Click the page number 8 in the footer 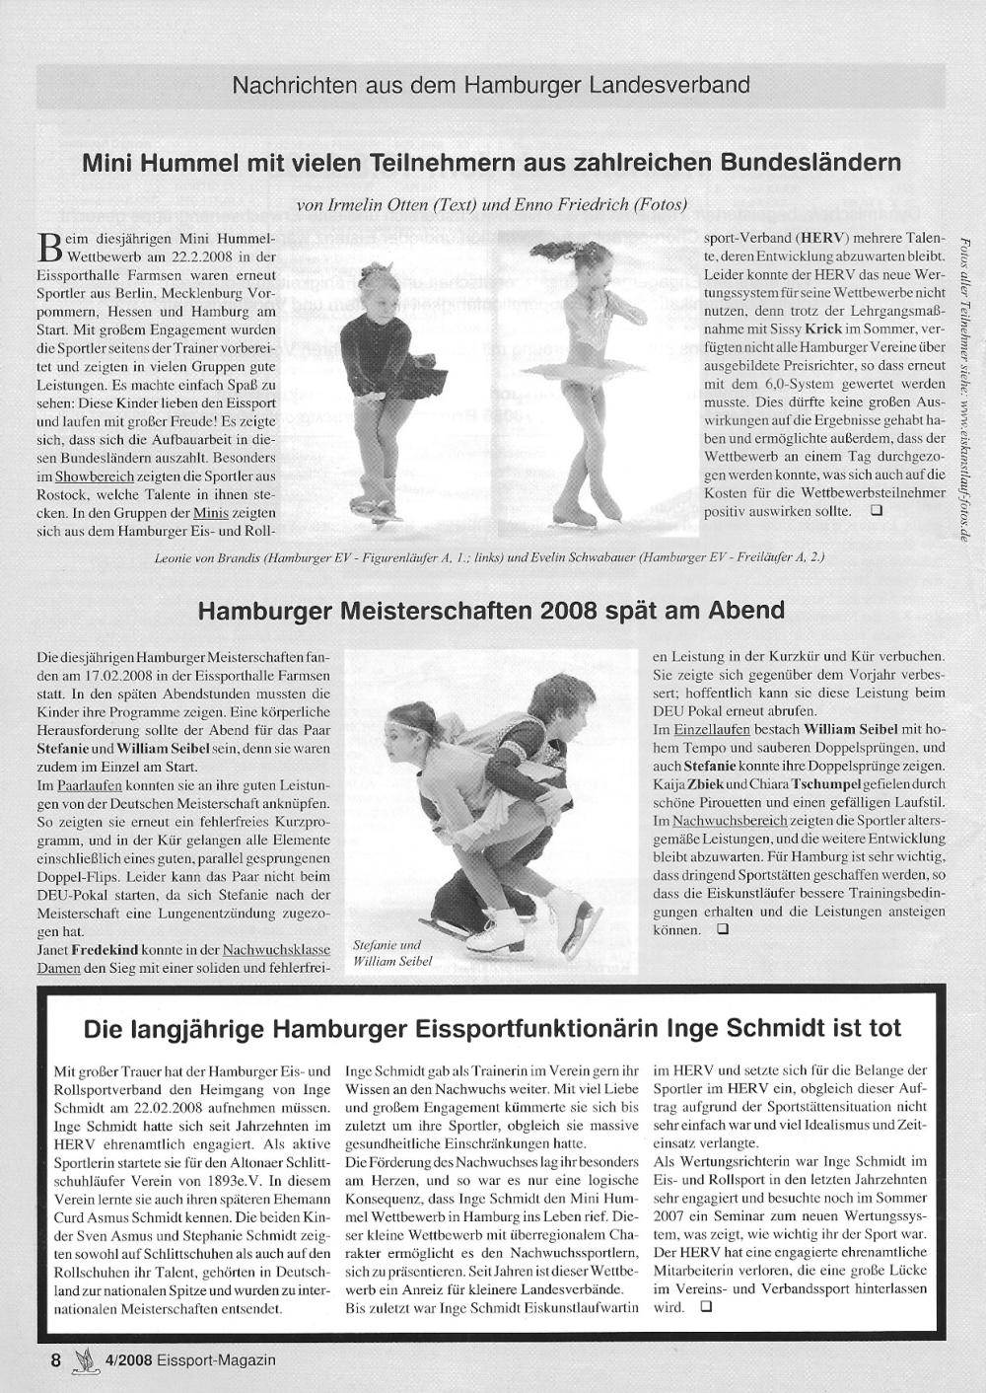click(x=56, y=1359)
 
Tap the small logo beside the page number click(x=84, y=1359)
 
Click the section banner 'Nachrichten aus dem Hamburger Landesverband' click(x=491, y=85)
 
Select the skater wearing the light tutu click(x=582, y=375)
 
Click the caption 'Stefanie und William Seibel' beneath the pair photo click(x=392, y=952)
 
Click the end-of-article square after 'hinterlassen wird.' click(x=705, y=1306)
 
